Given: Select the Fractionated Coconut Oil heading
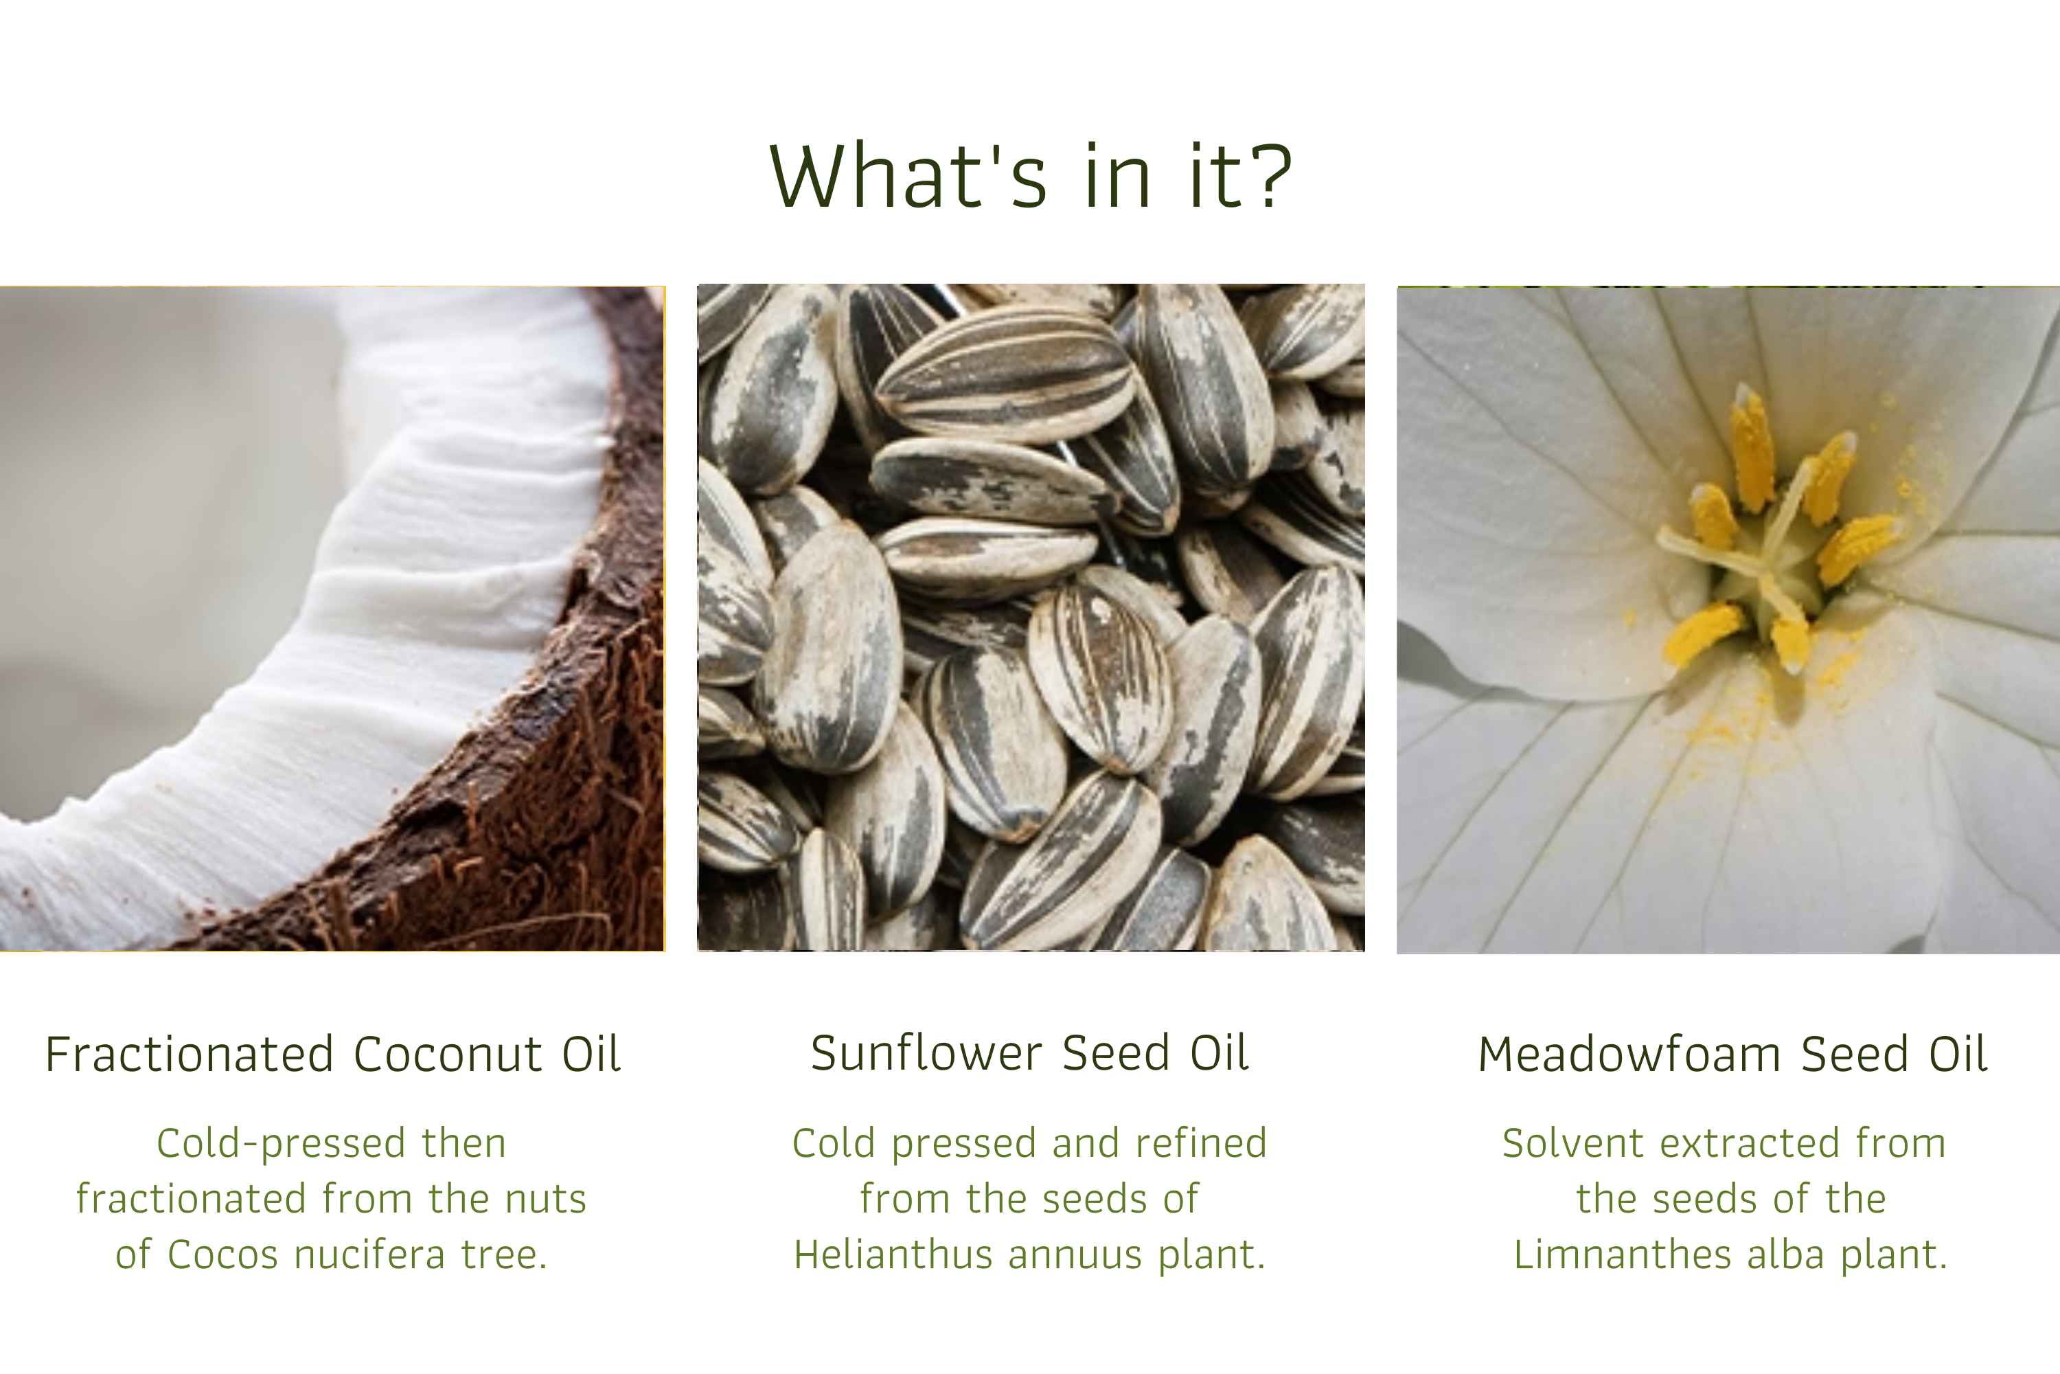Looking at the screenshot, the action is [x=333, y=1054].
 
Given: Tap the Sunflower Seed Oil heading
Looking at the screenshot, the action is [x=1029, y=1052].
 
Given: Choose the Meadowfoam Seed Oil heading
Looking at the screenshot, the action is [x=1732, y=1054].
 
